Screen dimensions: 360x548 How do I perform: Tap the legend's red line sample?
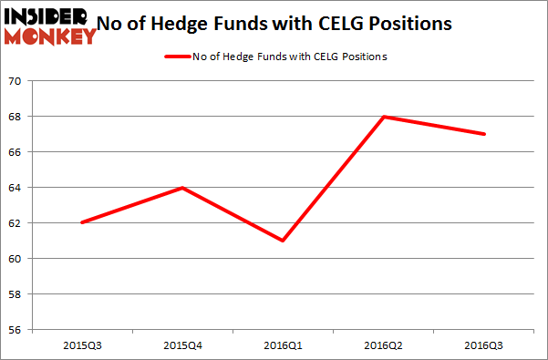(175, 57)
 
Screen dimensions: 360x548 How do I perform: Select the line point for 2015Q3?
(82, 223)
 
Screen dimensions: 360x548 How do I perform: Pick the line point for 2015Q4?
(183, 188)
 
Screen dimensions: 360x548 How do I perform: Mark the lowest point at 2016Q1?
(284, 241)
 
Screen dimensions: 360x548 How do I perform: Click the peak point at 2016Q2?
(385, 117)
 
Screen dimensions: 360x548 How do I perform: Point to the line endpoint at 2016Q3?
(485, 134)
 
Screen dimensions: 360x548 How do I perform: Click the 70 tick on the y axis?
(16, 82)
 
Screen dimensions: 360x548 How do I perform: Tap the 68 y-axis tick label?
(16, 117)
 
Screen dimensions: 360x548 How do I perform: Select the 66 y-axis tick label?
(16, 152)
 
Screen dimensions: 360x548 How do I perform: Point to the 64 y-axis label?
(16, 188)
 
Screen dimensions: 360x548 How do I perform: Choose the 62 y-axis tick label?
(16, 223)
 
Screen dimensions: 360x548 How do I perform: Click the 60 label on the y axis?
(16, 259)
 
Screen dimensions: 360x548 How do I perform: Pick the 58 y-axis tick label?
(16, 294)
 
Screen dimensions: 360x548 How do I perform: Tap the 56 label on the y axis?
(16, 330)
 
